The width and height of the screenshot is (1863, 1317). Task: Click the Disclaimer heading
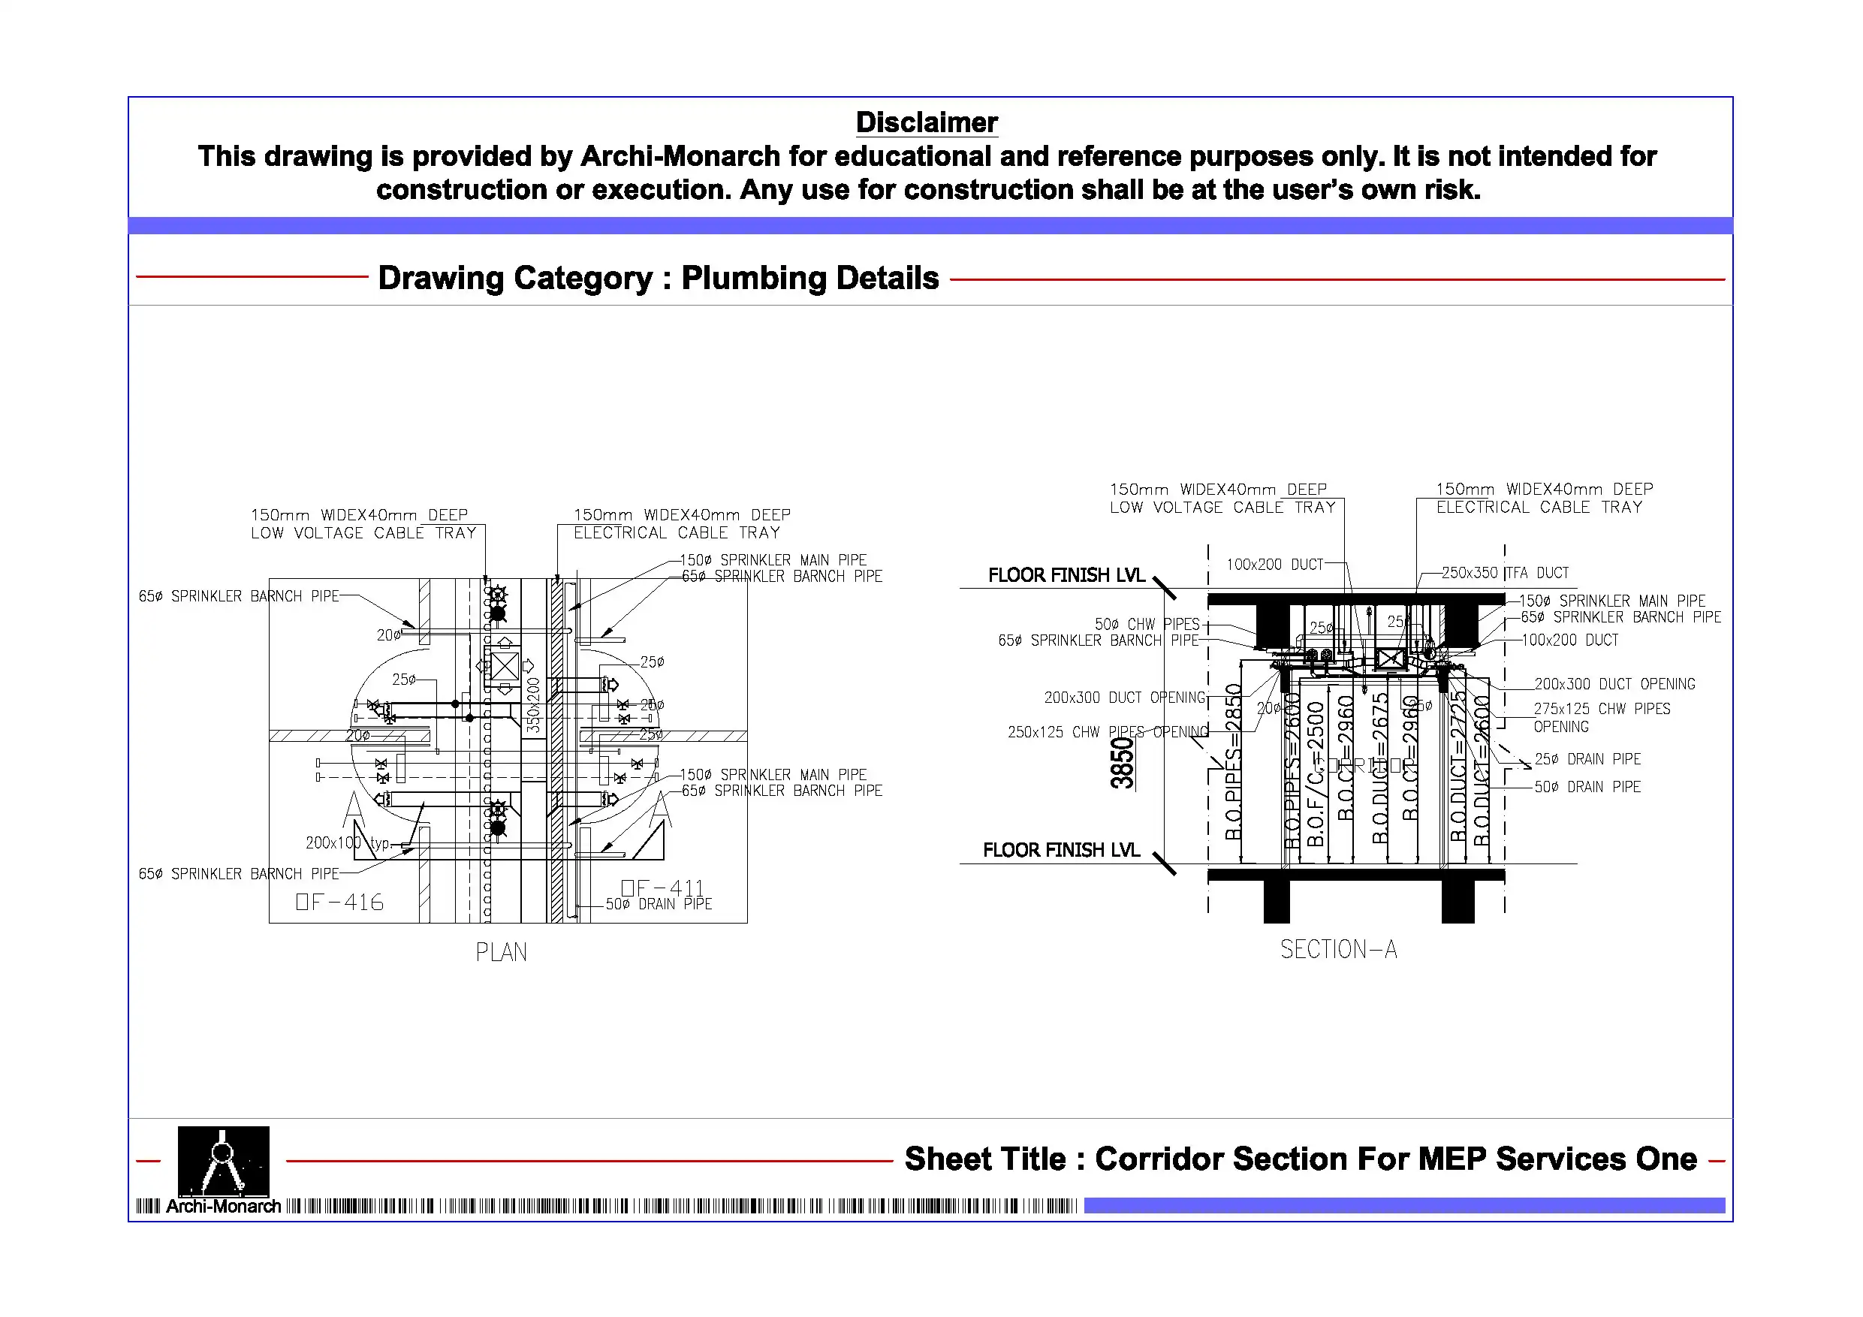pos(926,122)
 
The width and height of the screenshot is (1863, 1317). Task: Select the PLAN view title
pos(501,952)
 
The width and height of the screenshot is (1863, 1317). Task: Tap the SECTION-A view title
pos(1338,948)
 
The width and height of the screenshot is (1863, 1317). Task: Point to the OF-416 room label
pos(339,902)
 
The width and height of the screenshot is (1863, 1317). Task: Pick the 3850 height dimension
pos(1121,763)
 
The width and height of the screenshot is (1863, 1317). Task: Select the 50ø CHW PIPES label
pos(1147,624)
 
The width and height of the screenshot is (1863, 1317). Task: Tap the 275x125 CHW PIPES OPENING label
pos(1600,716)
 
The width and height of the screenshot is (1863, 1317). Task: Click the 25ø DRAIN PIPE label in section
pos(1587,758)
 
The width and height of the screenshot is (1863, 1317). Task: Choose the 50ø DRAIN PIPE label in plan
pos(658,904)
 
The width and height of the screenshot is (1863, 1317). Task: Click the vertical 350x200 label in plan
pos(533,704)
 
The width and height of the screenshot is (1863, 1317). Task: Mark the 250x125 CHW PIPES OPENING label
pos(1107,732)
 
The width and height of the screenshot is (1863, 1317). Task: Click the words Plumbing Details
pos(809,278)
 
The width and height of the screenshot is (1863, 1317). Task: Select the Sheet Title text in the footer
pos(1300,1159)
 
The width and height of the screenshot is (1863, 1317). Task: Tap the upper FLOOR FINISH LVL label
pos(1066,575)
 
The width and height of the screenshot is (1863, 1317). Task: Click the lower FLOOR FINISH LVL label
pos(1060,850)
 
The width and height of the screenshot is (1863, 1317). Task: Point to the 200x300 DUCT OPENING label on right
pos(1614,684)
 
